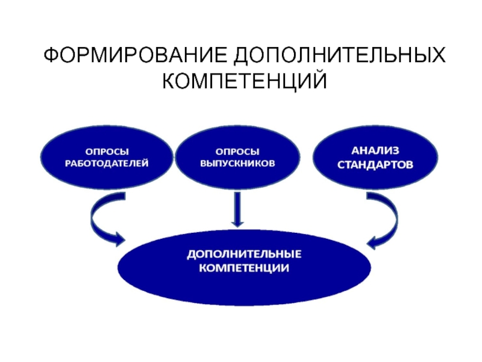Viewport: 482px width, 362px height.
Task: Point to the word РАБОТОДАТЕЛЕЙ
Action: pyautogui.click(x=107, y=164)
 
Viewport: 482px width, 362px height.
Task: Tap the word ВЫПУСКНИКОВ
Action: pyautogui.click(x=237, y=164)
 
